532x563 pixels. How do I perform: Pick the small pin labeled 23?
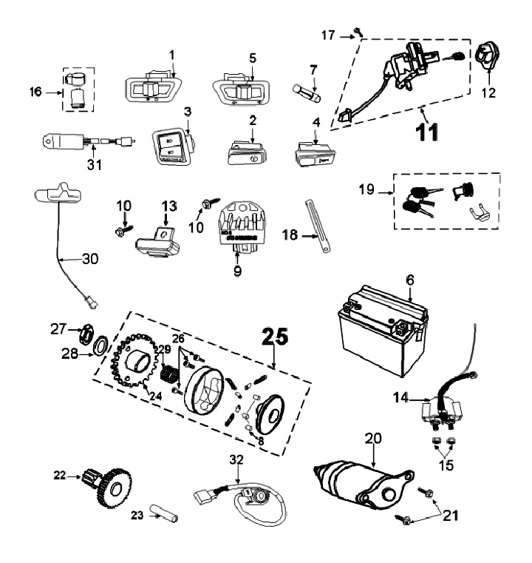point(163,512)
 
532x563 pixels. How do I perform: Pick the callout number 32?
point(235,459)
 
